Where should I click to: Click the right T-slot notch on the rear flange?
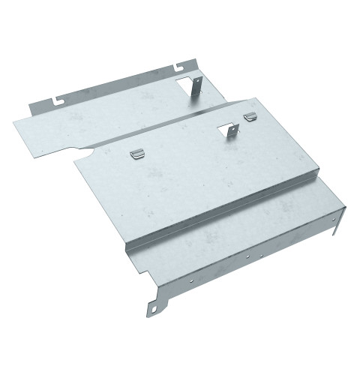click(x=180, y=68)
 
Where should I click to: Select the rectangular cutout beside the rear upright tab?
click(x=184, y=84)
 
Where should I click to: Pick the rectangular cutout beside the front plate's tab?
click(x=223, y=131)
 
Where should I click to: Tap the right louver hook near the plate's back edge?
click(x=250, y=116)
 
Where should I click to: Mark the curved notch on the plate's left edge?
click(x=85, y=154)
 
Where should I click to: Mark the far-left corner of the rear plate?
click(x=14, y=118)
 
